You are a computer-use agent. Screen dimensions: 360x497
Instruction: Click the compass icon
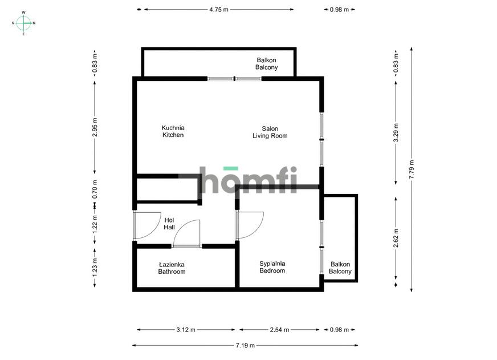pos(23,23)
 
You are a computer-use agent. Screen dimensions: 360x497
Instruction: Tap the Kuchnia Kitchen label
pos(173,132)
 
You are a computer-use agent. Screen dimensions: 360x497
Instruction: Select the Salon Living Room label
pos(270,132)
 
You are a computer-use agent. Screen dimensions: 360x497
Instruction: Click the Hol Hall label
pos(169,224)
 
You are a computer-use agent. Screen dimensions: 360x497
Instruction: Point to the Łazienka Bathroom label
pos(172,268)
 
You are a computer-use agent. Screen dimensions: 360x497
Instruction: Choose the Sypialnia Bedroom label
pos(272,267)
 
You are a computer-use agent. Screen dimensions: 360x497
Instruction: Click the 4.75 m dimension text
pos(219,10)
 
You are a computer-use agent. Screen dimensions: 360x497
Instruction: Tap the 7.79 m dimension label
pos(412,169)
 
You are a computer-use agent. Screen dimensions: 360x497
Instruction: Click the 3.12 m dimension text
pos(186,330)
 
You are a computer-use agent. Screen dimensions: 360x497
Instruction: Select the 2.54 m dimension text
pos(279,330)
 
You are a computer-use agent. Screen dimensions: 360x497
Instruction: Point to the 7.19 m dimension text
pos(245,345)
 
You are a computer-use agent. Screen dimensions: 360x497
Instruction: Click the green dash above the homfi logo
pos(230,168)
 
